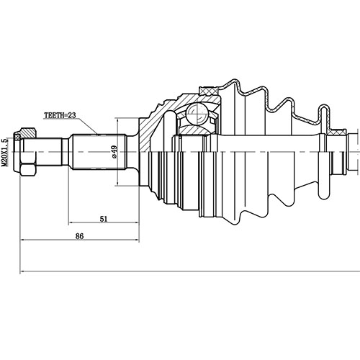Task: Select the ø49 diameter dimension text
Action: (114, 151)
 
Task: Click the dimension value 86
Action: (79, 235)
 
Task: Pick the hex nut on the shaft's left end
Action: (27, 153)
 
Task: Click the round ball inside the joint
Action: (196, 114)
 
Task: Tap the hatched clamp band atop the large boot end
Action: (209, 89)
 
